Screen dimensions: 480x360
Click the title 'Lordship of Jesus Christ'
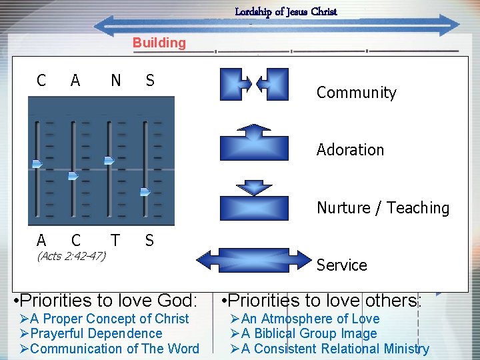[286, 11]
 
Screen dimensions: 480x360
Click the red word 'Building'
[159, 43]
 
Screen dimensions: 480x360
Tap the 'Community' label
[356, 93]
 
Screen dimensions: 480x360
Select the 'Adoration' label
[350, 150]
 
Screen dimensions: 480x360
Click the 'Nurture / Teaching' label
[383, 208]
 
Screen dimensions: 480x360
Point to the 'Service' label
[341, 265]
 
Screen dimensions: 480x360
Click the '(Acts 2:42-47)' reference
[71, 255]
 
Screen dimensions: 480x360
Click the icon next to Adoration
[254, 142]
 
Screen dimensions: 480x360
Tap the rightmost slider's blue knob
[145, 192]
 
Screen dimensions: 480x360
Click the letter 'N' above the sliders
[116, 81]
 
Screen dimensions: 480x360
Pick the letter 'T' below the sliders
[115, 240]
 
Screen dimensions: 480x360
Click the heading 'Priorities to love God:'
[109, 300]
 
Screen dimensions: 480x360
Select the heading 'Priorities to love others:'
[322, 300]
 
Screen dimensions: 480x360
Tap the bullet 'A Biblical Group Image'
[304, 333]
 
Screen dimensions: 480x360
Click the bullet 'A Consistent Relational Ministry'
[330, 348]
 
